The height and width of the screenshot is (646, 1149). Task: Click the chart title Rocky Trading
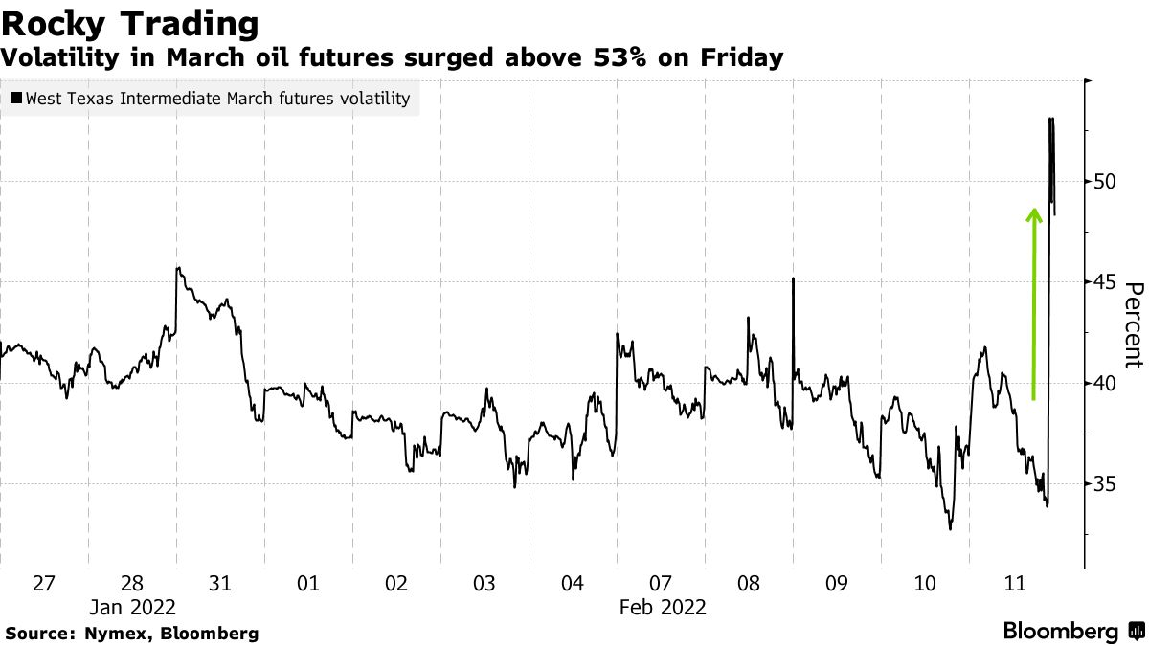(130, 23)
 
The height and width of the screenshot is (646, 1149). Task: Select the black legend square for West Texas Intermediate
(16, 99)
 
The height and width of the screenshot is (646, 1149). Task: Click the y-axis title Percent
(1134, 325)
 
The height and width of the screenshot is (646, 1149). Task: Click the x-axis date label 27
(44, 583)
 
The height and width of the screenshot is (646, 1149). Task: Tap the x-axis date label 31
(220, 583)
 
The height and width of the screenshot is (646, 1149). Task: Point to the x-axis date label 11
(1013, 583)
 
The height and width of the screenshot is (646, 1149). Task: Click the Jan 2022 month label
(133, 607)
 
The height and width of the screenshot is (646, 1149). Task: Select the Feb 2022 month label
(663, 607)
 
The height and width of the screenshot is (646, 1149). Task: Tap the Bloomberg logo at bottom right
(1073, 631)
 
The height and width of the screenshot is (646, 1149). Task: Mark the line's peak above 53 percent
(1051, 119)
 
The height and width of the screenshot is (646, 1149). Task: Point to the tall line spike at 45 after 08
(794, 279)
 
